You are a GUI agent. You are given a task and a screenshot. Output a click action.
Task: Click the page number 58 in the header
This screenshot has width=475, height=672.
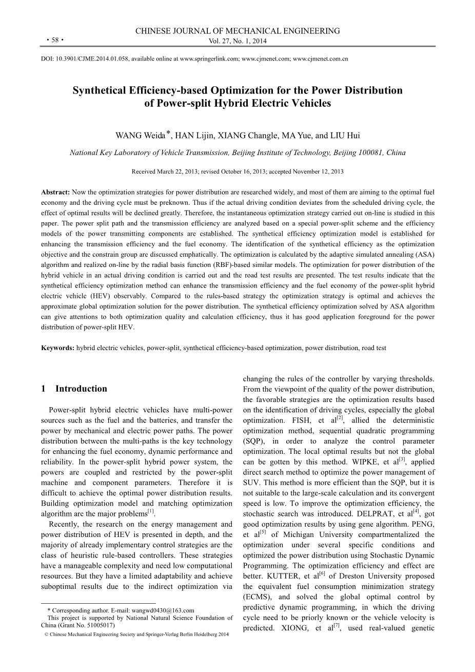click(x=54, y=40)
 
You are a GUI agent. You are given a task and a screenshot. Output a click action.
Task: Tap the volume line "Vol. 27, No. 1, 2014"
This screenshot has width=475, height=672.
click(x=237, y=42)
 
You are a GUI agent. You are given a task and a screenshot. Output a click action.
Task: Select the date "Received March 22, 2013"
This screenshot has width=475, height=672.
click(x=164, y=171)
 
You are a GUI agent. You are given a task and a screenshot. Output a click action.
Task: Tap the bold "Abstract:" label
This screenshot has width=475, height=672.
click(x=55, y=191)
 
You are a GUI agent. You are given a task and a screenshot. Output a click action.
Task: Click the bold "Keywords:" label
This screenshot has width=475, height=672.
click(x=58, y=348)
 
